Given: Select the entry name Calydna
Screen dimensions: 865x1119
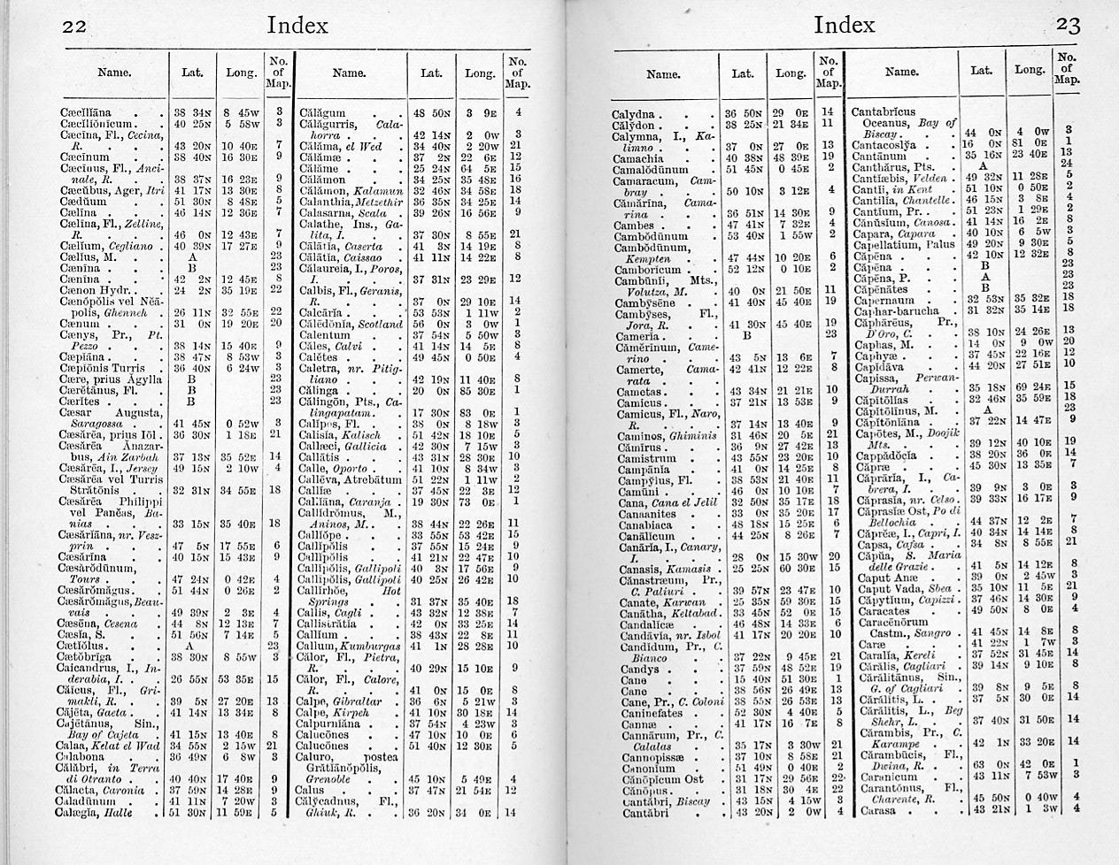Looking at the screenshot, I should [633, 114].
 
